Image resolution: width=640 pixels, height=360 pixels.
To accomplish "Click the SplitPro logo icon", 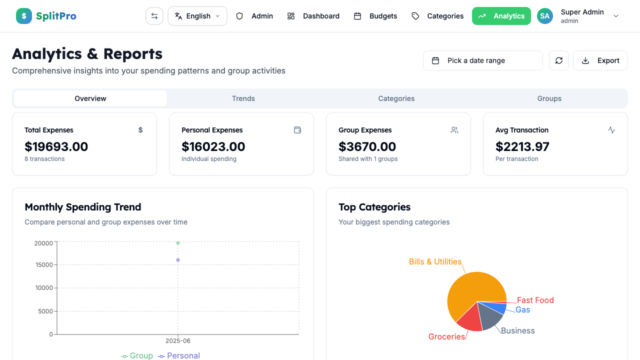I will pyautogui.click(x=24, y=16).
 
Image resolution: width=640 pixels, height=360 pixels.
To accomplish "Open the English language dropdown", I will pyautogui.click(x=197, y=16).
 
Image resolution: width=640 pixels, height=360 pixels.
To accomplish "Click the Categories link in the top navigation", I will pyautogui.click(x=437, y=16).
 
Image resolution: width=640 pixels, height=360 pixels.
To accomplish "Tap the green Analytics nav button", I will pyautogui.click(x=501, y=16).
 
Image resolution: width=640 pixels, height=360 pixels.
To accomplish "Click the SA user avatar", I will pyautogui.click(x=545, y=16).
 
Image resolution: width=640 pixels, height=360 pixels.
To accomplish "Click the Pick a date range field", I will pyautogui.click(x=482, y=60).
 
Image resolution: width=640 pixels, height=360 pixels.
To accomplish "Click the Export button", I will pyautogui.click(x=600, y=60).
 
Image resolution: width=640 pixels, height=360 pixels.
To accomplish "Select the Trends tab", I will pyautogui.click(x=243, y=98).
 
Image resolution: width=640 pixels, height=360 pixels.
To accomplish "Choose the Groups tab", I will pyautogui.click(x=549, y=98).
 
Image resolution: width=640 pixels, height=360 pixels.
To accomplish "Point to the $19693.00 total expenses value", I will pyautogui.click(x=56, y=146).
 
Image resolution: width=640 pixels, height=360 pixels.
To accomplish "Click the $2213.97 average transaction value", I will pyautogui.click(x=522, y=146).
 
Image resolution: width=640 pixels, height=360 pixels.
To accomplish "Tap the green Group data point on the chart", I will pyautogui.click(x=178, y=243).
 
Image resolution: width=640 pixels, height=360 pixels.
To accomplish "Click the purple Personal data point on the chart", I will pyautogui.click(x=178, y=260).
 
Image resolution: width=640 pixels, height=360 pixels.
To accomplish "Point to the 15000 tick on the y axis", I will pyautogui.click(x=44, y=265).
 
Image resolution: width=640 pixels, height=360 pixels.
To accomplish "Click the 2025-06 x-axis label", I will pyautogui.click(x=178, y=341).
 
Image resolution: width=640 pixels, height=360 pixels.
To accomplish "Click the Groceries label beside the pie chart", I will pyautogui.click(x=446, y=336).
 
